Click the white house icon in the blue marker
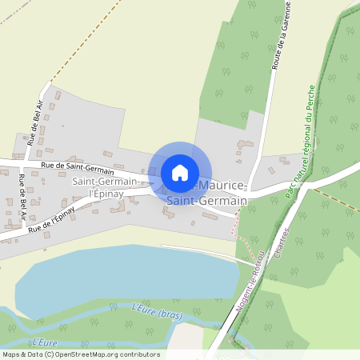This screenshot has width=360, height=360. point(180,173)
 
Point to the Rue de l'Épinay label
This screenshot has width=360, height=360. point(51,218)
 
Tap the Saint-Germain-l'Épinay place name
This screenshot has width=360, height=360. point(105,189)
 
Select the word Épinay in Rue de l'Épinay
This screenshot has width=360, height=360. point(63,213)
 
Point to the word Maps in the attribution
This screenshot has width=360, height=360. point(11,354)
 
